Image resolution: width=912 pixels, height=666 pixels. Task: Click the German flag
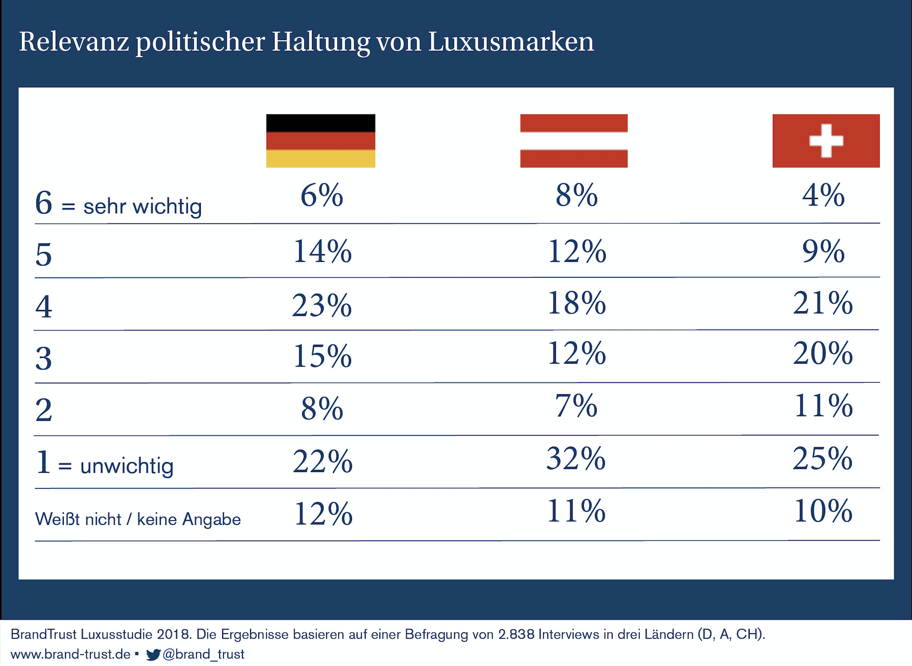(x=321, y=141)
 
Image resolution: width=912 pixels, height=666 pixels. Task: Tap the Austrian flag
(x=574, y=141)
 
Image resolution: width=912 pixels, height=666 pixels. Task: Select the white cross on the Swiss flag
(x=826, y=141)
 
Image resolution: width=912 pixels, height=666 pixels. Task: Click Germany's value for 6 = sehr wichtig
(x=322, y=195)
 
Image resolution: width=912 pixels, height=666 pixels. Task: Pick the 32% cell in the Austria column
(x=576, y=458)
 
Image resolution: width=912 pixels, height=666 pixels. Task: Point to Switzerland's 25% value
(x=823, y=458)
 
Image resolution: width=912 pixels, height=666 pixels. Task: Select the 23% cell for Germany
(x=322, y=306)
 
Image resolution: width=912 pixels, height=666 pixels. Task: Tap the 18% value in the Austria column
(x=577, y=303)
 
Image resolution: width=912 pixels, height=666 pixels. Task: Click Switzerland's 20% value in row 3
(x=823, y=353)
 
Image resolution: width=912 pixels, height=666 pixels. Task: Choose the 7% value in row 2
(x=576, y=406)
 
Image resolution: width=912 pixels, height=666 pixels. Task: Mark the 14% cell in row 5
(x=322, y=251)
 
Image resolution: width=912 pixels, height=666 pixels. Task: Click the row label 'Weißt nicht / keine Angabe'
(x=138, y=519)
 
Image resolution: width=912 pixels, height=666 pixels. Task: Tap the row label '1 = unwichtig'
(x=104, y=464)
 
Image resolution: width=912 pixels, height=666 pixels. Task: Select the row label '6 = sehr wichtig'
(x=118, y=204)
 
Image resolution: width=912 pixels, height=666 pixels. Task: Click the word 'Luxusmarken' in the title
(x=511, y=42)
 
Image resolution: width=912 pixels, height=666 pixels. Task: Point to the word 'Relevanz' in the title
(x=74, y=42)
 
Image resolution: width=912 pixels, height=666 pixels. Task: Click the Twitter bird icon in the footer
(x=153, y=654)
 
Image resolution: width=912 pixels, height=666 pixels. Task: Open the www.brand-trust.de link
(x=71, y=654)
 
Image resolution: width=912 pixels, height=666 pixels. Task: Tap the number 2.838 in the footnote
(x=516, y=635)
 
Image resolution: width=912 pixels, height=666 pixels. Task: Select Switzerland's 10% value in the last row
(x=823, y=511)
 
